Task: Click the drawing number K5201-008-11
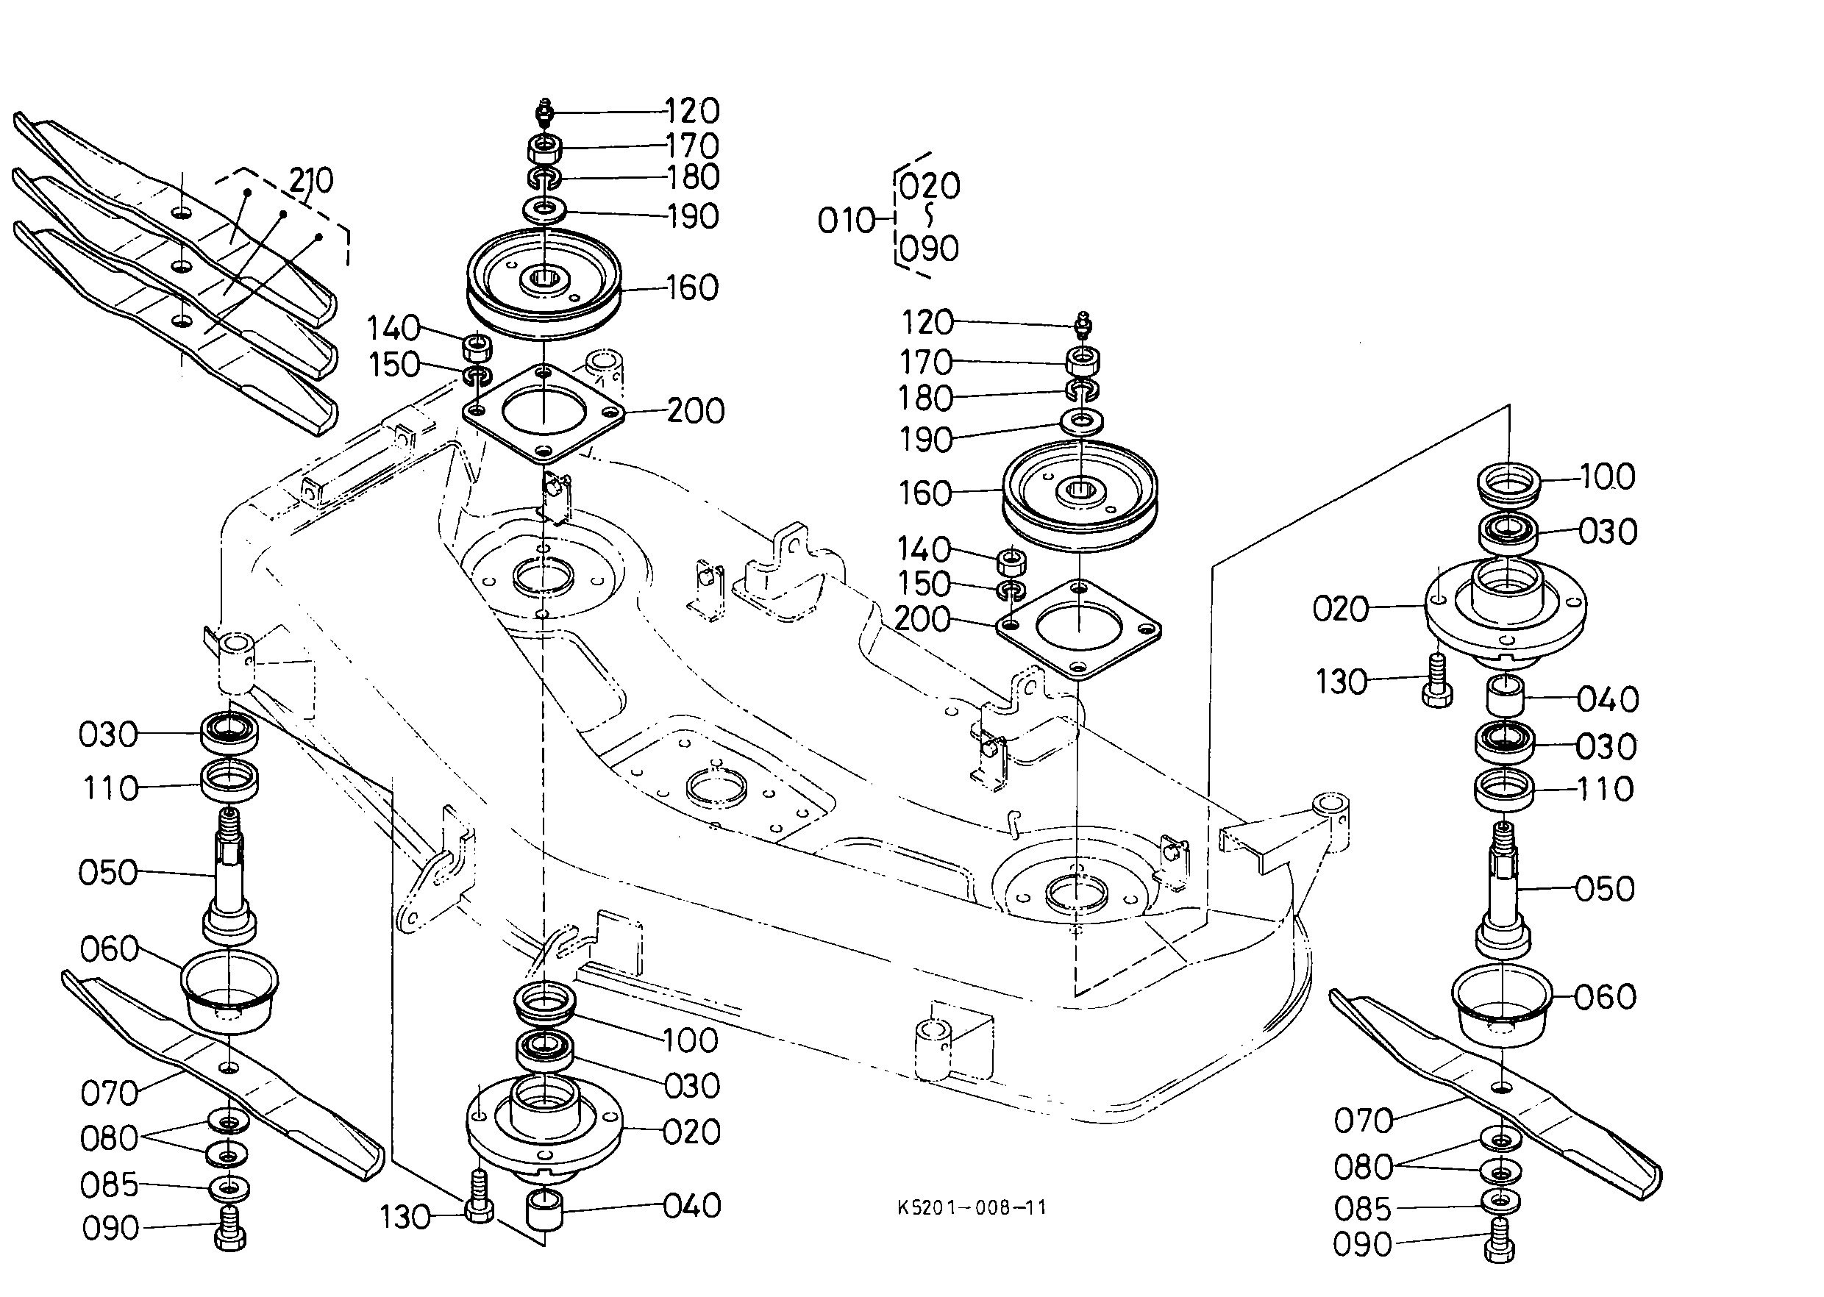pos(971,1207)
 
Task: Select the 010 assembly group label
pos(846,221)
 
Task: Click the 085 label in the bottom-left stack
pos(110,1185)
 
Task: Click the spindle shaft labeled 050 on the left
pos(229,879)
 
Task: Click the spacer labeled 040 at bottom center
pos(544,1210)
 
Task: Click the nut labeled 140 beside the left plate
pos(478,349)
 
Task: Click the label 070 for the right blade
pos(1363,1121)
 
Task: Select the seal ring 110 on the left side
pos(229,781)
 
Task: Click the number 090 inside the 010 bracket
pos(928,249)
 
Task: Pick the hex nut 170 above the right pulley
pos(1083,361)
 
